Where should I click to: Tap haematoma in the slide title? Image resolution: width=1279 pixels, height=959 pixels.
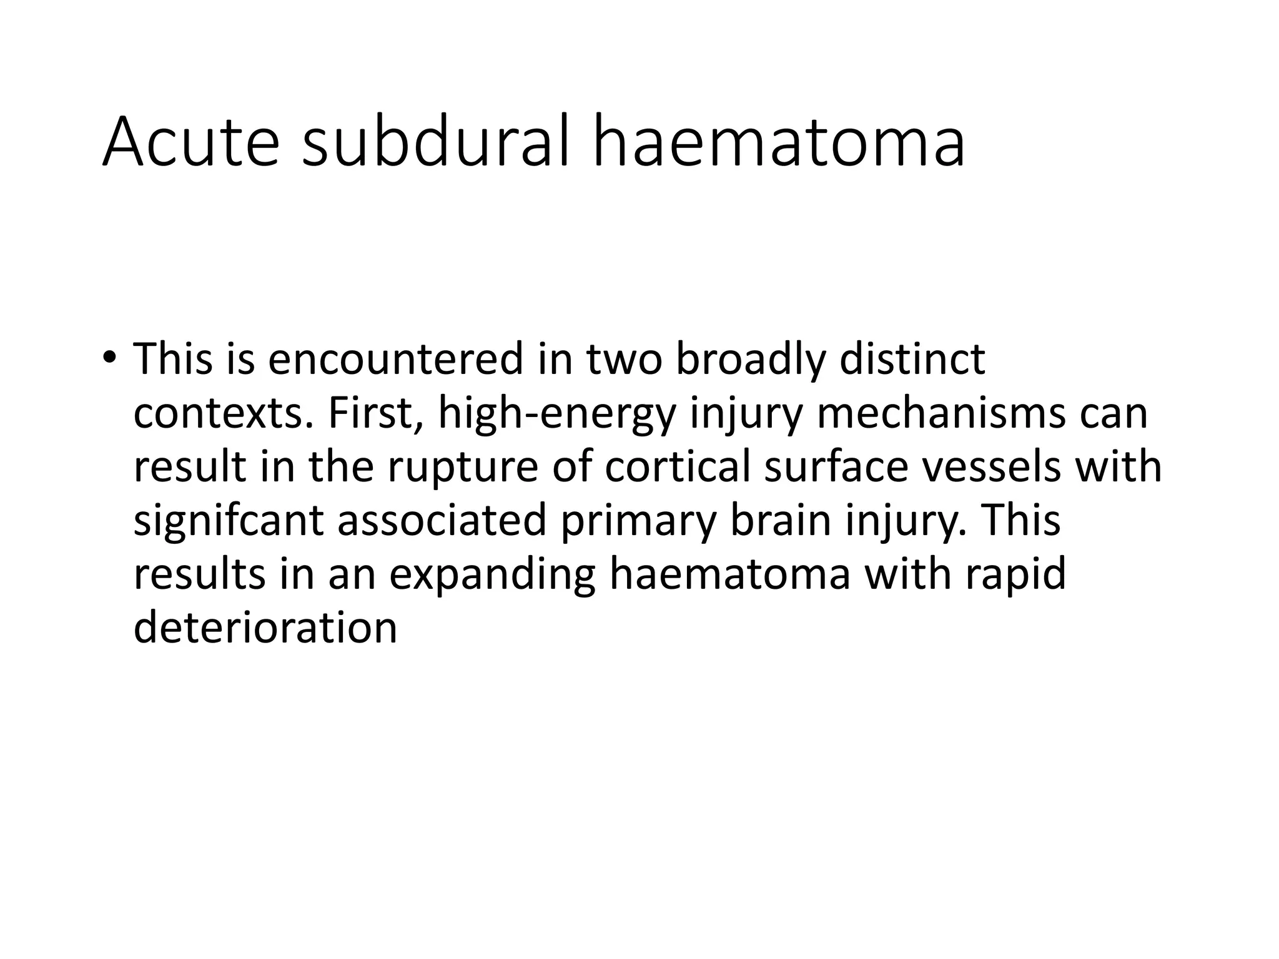coord(778,143)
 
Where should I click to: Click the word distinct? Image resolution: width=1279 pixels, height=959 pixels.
coord(912,360)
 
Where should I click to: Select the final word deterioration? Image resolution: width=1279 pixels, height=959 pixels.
coord(265,628)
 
